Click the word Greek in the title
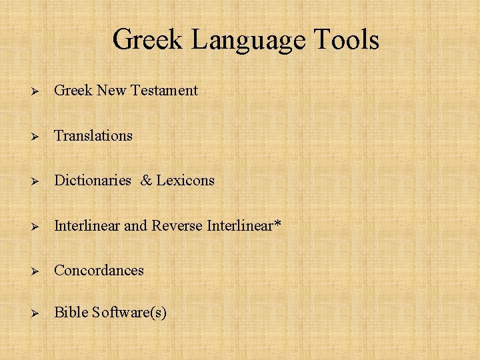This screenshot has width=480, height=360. point(148,39)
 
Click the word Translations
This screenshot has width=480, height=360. point(93,135)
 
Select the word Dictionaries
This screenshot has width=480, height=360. point(93,180)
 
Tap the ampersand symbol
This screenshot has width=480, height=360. point(147,180)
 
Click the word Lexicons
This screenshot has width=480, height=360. point(185,180)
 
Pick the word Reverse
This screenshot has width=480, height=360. point(177,225)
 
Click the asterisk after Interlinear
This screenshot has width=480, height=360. point(277,223)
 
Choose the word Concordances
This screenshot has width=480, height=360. point(99,270)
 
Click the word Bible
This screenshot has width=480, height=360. point(70,312)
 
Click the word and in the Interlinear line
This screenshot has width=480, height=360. point(135,225)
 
